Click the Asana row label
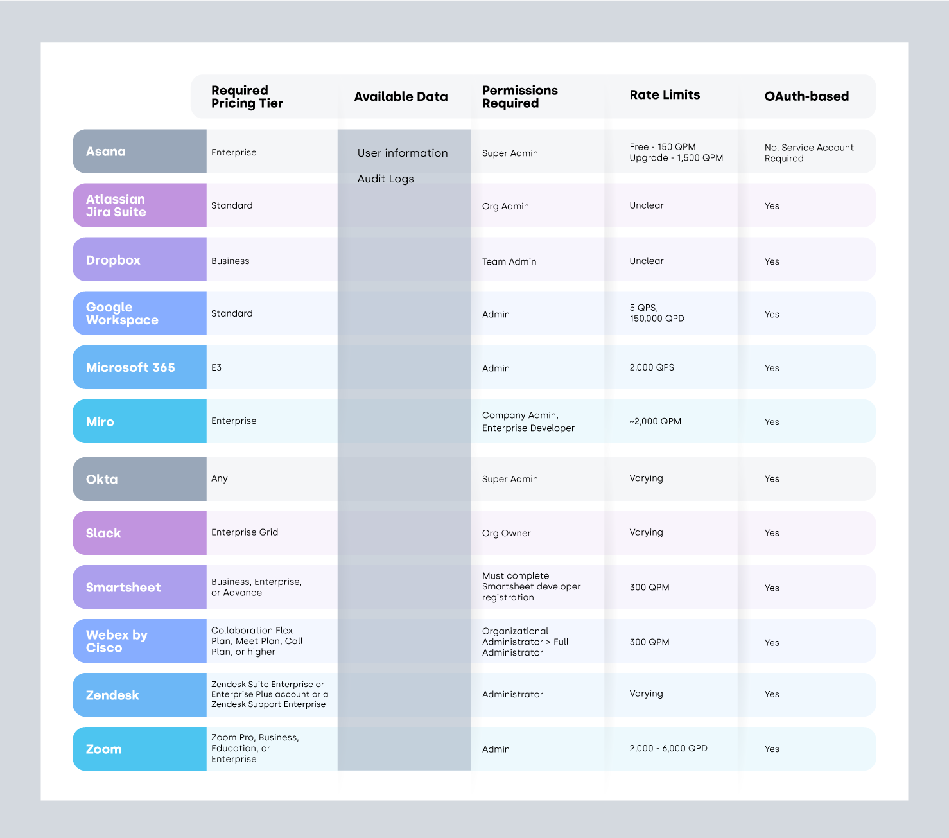click(x=107, y=152)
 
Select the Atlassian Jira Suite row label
click(x=116, y=205)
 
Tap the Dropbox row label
click(x=114, y=260)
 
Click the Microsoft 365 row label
click(x=130, y=367)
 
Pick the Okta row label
click(x=102, y=479)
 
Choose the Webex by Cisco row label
click(x=117, y=641)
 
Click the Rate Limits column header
click(x=665, y=95)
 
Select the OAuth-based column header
click(x=806, y=96)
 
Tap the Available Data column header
click(x=401, y=97)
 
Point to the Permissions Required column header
click(x=519, y=97)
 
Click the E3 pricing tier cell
click(x=216, y=368)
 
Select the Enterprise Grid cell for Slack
click(x=245, y=532)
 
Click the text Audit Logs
click(x=385, y=179)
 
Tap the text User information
click(x=403, y=153)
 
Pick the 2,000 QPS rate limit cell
click(x=652, y=367)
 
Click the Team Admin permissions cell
click(x=509, y=261)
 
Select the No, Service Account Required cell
click(x=809, y=153)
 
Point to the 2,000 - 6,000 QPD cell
click(x=668, y=748)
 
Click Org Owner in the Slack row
click(x=507, y=533)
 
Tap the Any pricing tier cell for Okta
click(x=220, y=478)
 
